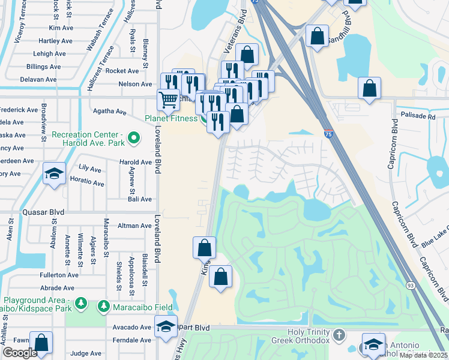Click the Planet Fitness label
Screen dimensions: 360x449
(x=171, y=118)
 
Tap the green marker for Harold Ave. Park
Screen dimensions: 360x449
(x=134, y=139)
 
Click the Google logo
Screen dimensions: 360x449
(x=19, y=353)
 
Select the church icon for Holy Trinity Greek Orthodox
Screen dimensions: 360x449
(x=339, y=334)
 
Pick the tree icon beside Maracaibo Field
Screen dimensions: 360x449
(x=103, y=307)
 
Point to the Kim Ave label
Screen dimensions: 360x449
(x=61, y=28)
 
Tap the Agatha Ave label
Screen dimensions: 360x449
(x=109, y=112)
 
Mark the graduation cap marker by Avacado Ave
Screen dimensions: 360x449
(x=165, y=327)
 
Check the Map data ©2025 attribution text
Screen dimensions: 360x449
(x=423, y=355)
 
